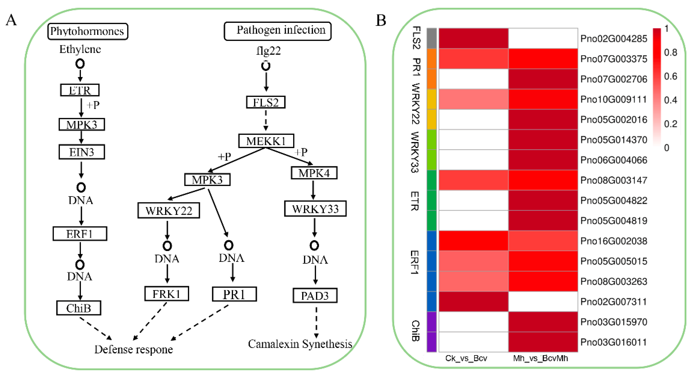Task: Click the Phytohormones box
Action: (87, 32)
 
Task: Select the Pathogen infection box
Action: (277, 31)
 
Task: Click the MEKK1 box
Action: (266, 141)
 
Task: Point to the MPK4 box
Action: (314, 173)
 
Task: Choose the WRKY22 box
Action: (169, 210)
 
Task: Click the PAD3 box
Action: (315, 296)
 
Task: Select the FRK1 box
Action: (167, 294)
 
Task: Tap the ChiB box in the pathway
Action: (78, 308)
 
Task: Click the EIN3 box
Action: (81, 152)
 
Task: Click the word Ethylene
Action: (80, 49)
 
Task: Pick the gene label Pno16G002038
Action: (613, 241)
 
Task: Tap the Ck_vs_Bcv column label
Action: (466, 358)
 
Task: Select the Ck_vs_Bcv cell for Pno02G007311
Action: (473, 302)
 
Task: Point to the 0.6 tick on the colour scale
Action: (670, 76)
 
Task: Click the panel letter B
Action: (381, 20)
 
